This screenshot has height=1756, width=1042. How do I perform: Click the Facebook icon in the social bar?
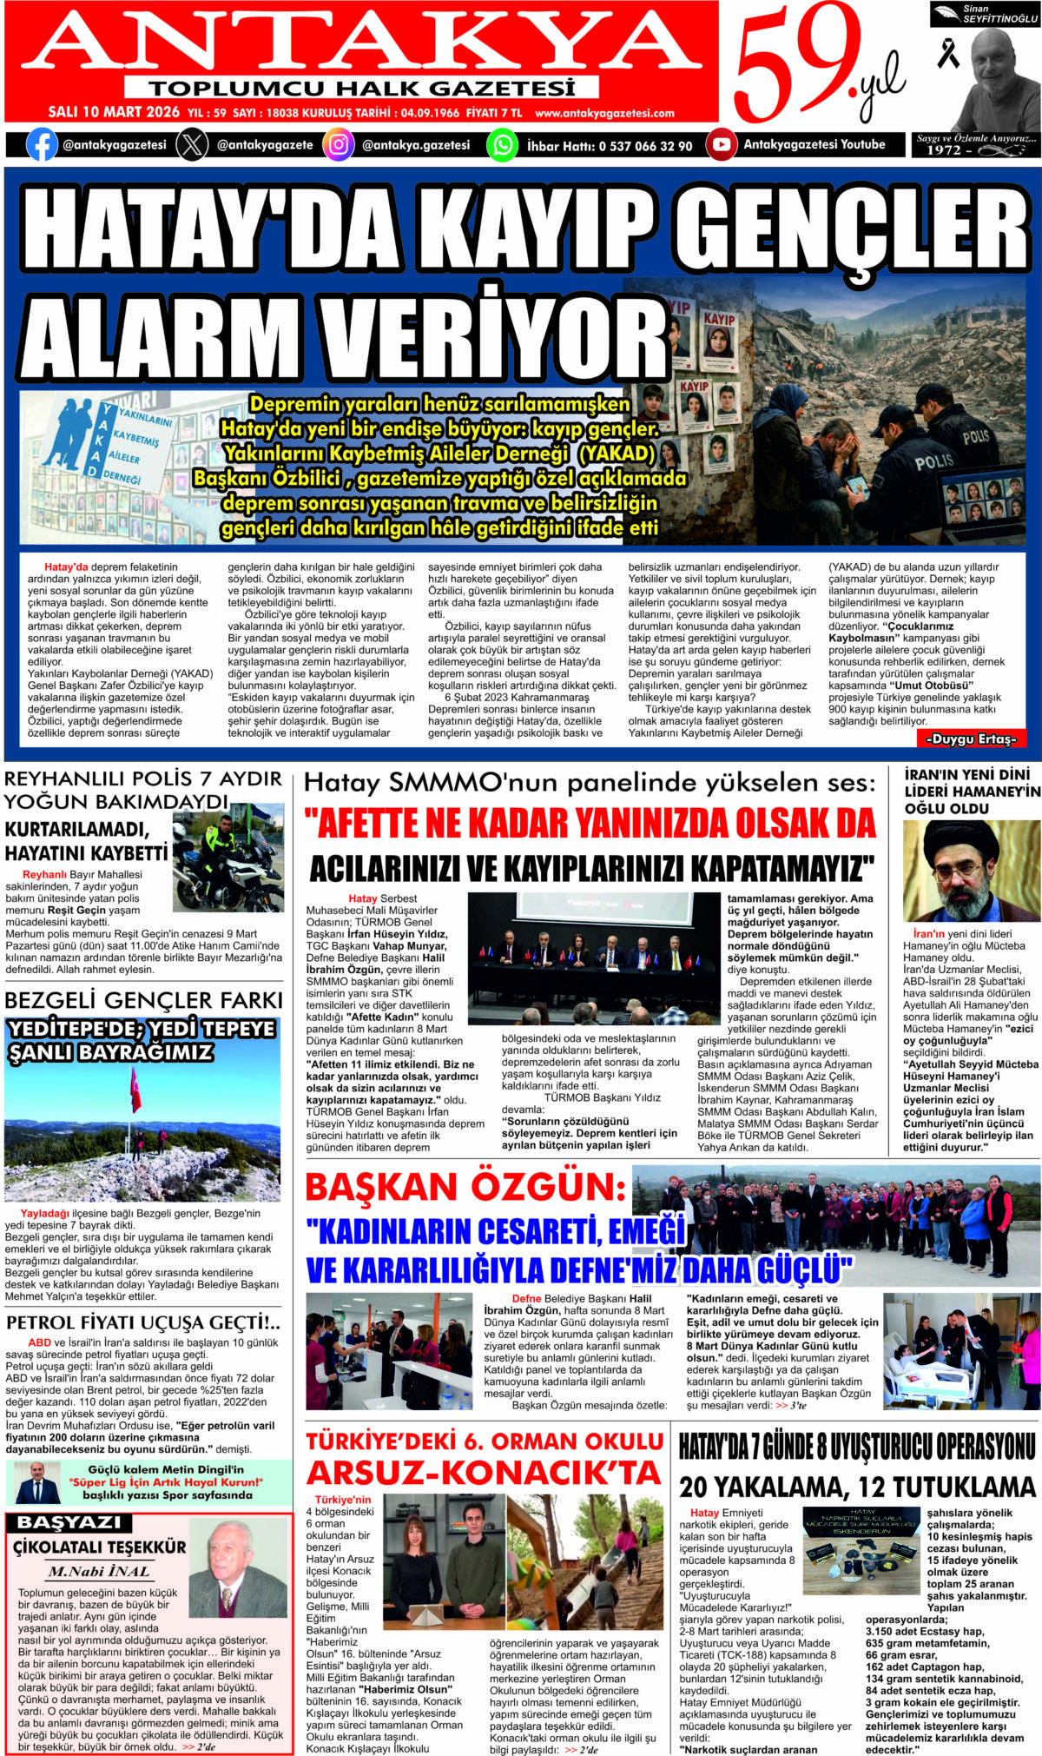pyautogui.click(x=42, y=144)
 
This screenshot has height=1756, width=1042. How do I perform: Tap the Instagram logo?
pyautogui.click(x=338, y=144)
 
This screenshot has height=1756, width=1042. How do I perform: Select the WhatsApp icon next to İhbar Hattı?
pyautogui.click(x=502, y=144)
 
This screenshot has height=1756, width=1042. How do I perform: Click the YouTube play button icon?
pyautogui.click(x=721, y=144)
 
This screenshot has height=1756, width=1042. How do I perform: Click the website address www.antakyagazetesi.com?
pyautogui.click(x=604, y=113)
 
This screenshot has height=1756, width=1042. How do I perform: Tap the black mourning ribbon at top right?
pyautogui.click(x=947, y=52)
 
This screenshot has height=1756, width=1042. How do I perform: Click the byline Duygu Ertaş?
pyautogui.click(x=970, y=739)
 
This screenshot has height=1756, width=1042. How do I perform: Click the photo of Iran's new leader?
pyautogui.click(x=971, y=871)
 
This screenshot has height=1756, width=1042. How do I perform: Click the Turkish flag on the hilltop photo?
pyautogui.click(x=135, y=1090)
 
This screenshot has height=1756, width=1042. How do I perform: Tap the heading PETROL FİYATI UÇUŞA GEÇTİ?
pyautogui.click(x=143, y=1323)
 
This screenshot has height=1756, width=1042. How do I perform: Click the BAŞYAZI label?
pyautogui.click(x=69, y=1523)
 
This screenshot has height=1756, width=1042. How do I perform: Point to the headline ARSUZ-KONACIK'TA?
pyautogui.click(x=484, y=1473)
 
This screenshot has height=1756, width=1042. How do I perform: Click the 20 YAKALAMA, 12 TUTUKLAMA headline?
pyautogui.click(x=857, y=1488)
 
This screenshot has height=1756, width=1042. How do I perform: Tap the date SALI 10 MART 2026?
pyautogui.click(x=114, y=113)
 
